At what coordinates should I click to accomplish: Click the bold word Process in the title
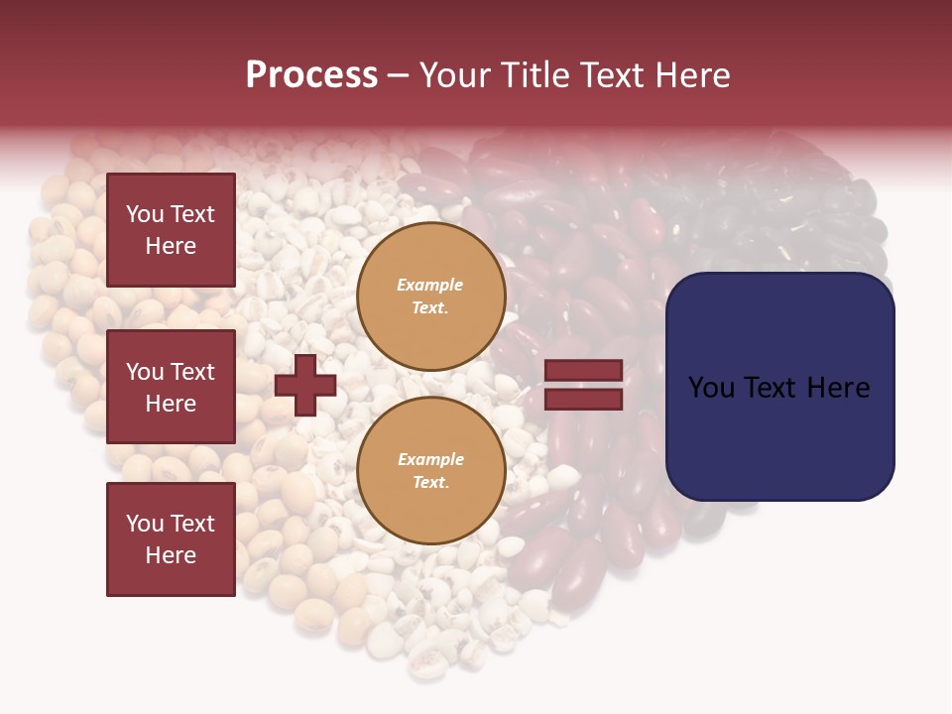(x=311, y=75)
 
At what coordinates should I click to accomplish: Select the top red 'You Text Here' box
(x=171, y=230)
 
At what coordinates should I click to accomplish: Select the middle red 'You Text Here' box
(x=171, y=387)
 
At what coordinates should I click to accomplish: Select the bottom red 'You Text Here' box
(x=171, y=538)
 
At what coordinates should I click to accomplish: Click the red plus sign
(x=305, y=385)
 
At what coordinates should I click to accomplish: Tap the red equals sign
(x=584, y=385)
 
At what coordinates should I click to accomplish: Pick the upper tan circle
(x=431, y=296)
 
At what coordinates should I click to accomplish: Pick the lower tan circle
(x=431, y=470)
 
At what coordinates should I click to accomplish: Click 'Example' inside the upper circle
(x=430, y=285)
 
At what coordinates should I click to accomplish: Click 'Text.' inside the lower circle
(x=430, y=483)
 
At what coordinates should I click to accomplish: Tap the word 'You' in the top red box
(x=145, y=214)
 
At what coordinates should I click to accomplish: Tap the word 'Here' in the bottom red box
(x=171, y=555)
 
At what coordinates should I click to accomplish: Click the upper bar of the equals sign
(x=584, y=371)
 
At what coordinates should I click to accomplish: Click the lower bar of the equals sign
(x=584, y=399)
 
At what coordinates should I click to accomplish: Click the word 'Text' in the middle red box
(x=192, y=372)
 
